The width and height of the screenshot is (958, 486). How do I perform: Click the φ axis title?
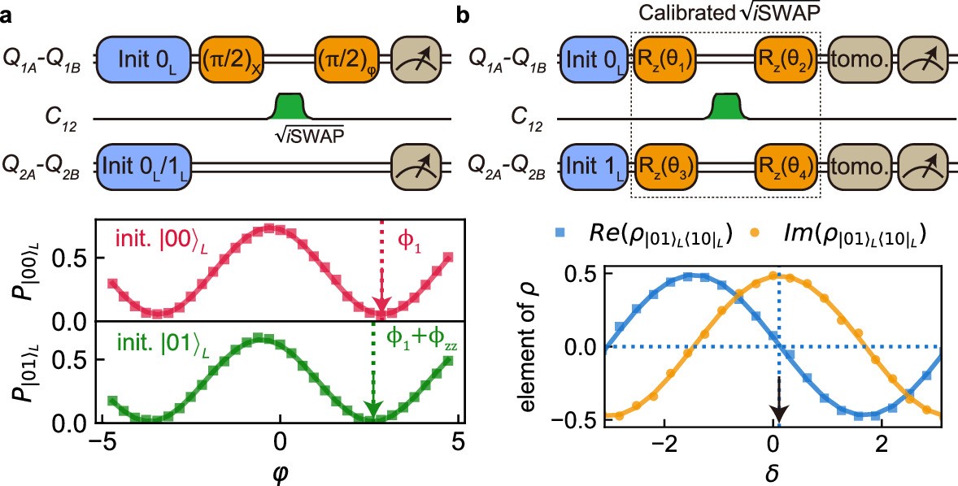coord(280,472)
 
